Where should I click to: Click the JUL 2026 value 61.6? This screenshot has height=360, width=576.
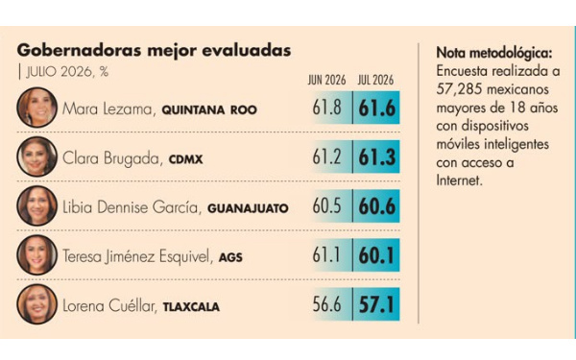[377, 108]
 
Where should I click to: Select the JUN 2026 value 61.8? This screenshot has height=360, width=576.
[327, 108]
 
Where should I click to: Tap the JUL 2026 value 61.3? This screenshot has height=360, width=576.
[377, 157]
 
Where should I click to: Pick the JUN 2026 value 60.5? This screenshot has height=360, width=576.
[327, 206]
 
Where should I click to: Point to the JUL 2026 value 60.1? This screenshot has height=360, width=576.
[376, 255]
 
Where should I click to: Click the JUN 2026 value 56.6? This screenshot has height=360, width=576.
[327, 304]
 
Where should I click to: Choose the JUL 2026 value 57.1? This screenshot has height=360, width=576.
[376, 305]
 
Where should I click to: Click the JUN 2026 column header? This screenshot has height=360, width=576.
[327, 80]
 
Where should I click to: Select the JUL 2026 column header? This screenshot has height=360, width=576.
[375, 80]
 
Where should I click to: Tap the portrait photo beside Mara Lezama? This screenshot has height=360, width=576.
[36, 108]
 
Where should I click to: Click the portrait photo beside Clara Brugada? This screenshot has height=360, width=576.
[36, 156]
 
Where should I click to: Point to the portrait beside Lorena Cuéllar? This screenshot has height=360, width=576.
[36, 304]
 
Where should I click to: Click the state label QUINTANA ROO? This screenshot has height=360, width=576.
[209, 110]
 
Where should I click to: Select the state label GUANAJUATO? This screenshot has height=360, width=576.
[248, 208]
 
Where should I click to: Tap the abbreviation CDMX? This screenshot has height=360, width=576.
[186, 159]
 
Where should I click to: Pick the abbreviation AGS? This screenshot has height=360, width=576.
[230, 257]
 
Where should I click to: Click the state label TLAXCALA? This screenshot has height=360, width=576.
[191, 307]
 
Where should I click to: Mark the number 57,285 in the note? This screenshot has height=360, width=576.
[456, 89]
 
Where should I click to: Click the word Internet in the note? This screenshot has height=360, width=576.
[459, 180]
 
